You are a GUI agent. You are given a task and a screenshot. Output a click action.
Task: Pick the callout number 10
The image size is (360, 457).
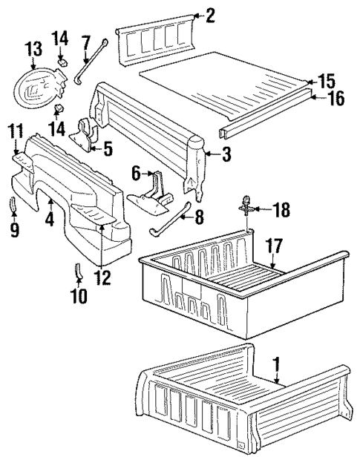(79, 296)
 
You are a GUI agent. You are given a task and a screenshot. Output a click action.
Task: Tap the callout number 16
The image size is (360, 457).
(336, 98)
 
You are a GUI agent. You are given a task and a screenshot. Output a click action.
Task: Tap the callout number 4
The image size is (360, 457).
(49, 220)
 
